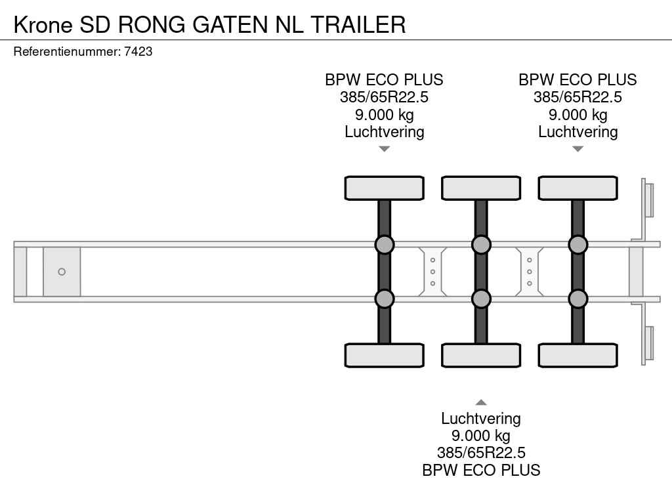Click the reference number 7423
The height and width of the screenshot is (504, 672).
138,51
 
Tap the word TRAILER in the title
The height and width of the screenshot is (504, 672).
358,24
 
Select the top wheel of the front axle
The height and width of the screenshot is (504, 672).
385,188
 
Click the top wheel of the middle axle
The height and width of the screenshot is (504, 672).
481,188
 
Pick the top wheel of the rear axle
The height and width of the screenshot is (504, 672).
577,188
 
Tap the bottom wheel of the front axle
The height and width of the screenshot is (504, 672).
385,355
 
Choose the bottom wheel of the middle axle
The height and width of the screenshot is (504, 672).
481,355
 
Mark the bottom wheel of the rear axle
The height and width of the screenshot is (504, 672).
577,355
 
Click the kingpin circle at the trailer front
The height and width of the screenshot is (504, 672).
62,272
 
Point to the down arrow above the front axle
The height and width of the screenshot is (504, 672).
385,149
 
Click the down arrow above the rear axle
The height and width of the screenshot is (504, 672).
577,149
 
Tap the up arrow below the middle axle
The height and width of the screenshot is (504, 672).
481,402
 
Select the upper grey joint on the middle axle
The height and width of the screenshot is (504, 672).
481,245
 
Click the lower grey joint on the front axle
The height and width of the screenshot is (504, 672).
385,299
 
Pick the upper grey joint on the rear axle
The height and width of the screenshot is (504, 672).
577,245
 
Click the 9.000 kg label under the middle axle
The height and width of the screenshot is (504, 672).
480,436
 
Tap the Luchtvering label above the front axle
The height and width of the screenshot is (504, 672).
385,132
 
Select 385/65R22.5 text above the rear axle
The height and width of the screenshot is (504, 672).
577,97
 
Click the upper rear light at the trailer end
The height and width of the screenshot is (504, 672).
649,199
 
